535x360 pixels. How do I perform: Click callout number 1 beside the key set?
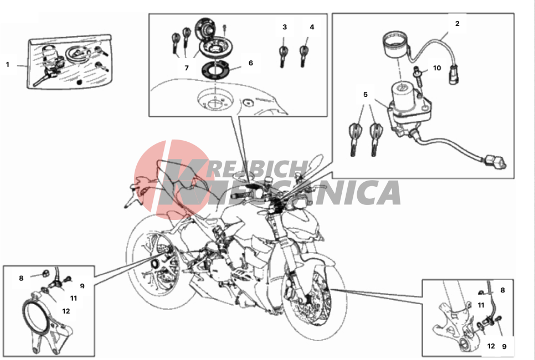pos(8,64)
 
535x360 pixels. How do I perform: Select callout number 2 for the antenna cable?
pos(457,24)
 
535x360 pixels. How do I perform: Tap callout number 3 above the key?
pos(285,27)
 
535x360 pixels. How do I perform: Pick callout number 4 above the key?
pos(312,27)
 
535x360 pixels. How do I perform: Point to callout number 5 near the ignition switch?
pos(366,94)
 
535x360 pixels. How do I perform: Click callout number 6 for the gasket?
pos(251,63)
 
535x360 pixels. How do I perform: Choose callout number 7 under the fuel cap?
pos(187,68)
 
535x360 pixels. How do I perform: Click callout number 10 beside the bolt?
pos(437,68)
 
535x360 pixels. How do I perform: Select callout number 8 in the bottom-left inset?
pos(21,278)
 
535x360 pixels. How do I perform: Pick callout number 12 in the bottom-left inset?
pos(66,311)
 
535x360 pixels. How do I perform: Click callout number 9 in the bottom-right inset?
pos(505,346)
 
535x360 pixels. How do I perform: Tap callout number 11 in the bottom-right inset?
pos(481,305)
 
